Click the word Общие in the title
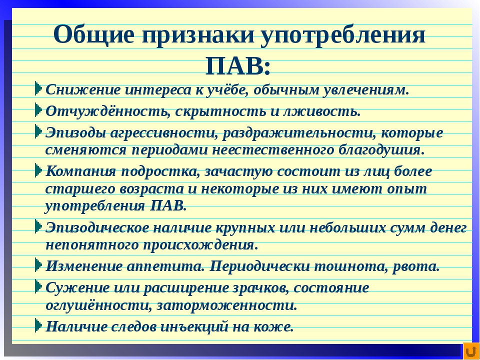(x=93, y=34)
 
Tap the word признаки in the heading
(x=198, y=35)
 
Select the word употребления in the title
(x=343, y=35)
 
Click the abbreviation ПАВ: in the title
(x=238, y=66)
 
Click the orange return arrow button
(x=471, y=351)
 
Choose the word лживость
(x=321, y=111)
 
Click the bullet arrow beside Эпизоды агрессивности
(x=38, y=131)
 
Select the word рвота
(x=416, y=266)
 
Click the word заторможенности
(x=227, y=305)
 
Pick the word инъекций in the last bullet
(x=194, y=327)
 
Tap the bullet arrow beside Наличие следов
(x=38, y=325)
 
